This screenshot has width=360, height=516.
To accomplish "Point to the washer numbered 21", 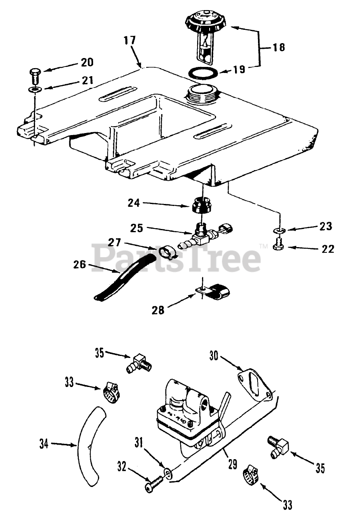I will pos(35,89).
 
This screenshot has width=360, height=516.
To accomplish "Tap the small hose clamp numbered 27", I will pos(164,252).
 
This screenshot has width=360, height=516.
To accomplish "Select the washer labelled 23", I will pos(278,231).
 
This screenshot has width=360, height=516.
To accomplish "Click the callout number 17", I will pos(130,41).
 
